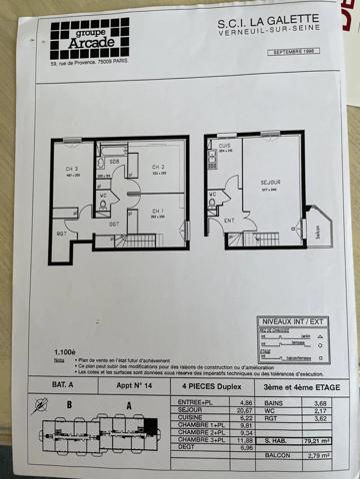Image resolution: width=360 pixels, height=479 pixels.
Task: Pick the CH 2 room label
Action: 157,167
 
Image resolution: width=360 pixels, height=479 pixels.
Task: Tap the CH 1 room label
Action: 158,211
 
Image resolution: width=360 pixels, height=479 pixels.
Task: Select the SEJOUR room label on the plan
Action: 268,184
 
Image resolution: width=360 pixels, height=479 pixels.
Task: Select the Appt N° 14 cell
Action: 122,383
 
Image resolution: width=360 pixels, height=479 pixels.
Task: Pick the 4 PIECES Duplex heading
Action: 203,383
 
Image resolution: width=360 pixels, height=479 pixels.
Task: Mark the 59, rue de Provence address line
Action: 96,66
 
